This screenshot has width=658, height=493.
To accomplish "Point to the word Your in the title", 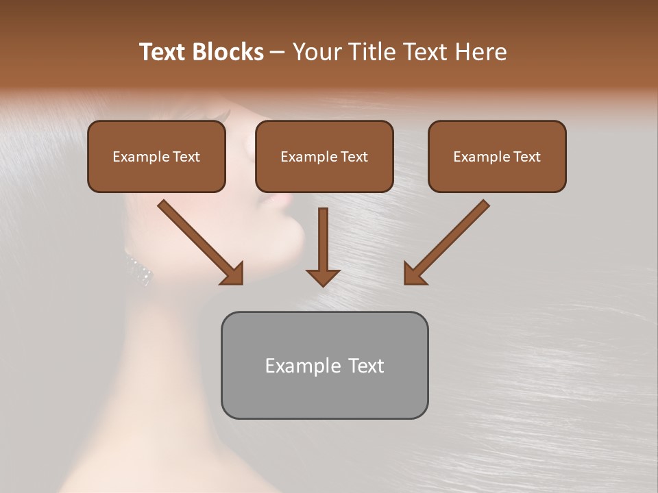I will coord(317,52).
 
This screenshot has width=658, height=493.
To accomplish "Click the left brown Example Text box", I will coord(156,157).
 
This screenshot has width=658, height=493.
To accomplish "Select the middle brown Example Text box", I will coord(324,157).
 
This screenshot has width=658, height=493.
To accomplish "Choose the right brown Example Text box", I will coord(497,157).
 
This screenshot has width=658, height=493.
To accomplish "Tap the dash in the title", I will coord(278,52).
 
